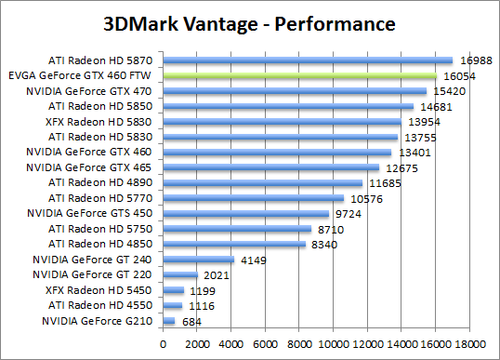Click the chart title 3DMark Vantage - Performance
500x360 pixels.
pyautogui.click(x=249, y=20)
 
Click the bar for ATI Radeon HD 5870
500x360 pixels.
pyautogui.click(x=308, y=60)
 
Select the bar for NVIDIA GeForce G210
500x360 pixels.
pyautogui.click(x=168, y=321)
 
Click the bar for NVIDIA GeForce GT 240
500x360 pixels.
pyautogui.click(x=198, y=260)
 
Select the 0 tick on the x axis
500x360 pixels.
pyautogui.click(x=163, y=342)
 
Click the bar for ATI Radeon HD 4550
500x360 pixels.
pyautogui.click(x=172, y=305)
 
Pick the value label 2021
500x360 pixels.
pyautogui.click(x=217, y=275)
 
